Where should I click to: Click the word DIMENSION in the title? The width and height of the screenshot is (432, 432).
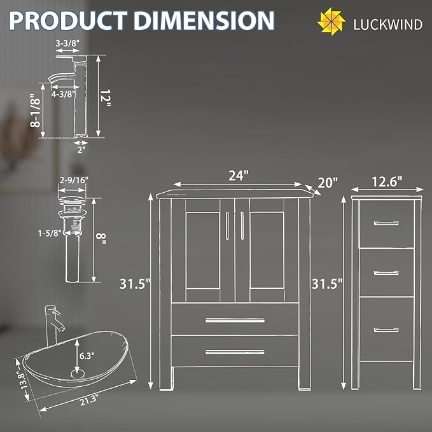click(204, 20)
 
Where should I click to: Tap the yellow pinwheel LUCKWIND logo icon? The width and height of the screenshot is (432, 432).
click(331, 22)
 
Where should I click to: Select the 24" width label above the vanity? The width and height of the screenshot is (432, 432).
click(239, 176)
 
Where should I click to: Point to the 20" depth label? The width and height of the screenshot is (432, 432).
click(328, 183)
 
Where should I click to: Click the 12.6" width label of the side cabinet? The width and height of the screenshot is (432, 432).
click(387, 181)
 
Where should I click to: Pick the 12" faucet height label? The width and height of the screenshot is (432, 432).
click(105, 99)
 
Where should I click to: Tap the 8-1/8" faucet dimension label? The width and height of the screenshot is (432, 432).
click(36, 111)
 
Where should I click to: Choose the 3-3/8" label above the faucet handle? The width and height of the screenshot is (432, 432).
click(67, 43)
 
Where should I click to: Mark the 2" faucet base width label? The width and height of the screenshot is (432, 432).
click(81, 150)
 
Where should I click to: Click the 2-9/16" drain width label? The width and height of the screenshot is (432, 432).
click(74, 180)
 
